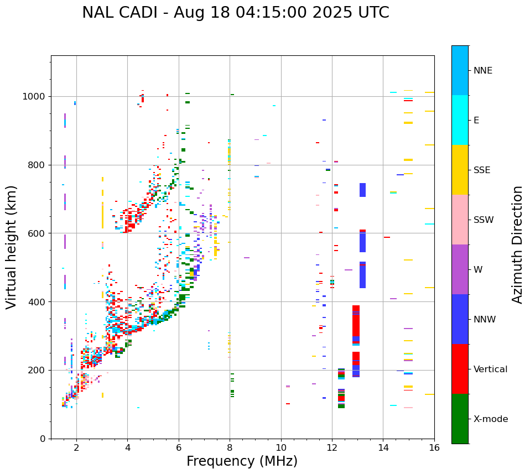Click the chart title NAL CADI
coord(235,13)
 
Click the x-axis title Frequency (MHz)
coord(242,461)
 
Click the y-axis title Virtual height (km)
coord(12,247)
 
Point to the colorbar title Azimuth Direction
coord(517,244)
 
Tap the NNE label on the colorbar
coord(482,71)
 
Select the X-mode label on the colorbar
coord(490,419)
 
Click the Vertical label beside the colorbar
coord(490,369)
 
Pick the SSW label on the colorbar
coord(484,220)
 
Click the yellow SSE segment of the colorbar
coord(460,170)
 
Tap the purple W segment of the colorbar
coord(460,269)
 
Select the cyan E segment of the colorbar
coord(460,120)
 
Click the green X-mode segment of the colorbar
coord(460,419)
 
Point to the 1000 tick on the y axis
coord(37,96)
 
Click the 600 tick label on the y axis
coord(39,233)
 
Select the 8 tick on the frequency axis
coord(230,447)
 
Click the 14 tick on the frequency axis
coord(383,447)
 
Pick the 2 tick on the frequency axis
coord(76,447)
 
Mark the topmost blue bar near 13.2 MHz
coord(362,190)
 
